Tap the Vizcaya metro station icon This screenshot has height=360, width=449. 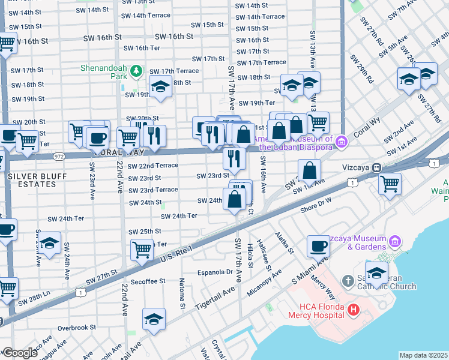point(377,167)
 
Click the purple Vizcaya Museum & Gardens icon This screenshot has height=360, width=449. point(394,241)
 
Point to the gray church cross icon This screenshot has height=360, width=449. point(347,281)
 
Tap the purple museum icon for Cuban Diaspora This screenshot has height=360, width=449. point(342,142)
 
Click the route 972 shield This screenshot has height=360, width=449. point(59,155)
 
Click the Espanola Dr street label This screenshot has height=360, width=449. point(215,272)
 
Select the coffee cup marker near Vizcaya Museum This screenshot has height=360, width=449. point(318,245)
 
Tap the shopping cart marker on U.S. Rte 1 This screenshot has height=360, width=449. point(142,248)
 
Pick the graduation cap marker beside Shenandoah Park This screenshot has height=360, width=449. point(160,88)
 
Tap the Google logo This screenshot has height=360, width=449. point(20,353)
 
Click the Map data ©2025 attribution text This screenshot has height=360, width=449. point(423,355)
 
